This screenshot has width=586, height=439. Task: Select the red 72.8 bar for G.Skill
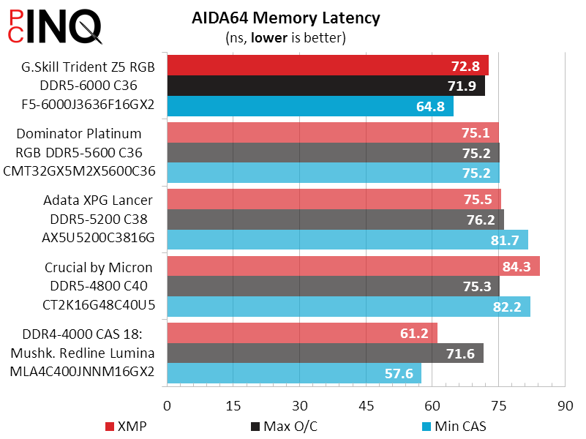point(328,66)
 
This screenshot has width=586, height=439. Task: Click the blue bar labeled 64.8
point(310,106)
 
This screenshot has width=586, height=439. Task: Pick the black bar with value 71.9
point(326,86)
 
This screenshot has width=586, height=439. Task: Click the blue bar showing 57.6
point(294,374)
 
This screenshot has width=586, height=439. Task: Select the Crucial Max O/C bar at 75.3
point(333,286)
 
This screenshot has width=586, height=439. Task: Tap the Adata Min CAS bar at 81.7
point(348,240)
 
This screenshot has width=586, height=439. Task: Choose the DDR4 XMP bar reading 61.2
point(302,334)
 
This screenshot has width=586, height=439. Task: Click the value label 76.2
point(484,219)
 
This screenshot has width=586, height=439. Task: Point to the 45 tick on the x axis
point(366,405)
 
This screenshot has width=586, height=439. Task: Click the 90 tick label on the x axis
point(564,405)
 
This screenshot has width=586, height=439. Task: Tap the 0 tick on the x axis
point(168,405)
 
